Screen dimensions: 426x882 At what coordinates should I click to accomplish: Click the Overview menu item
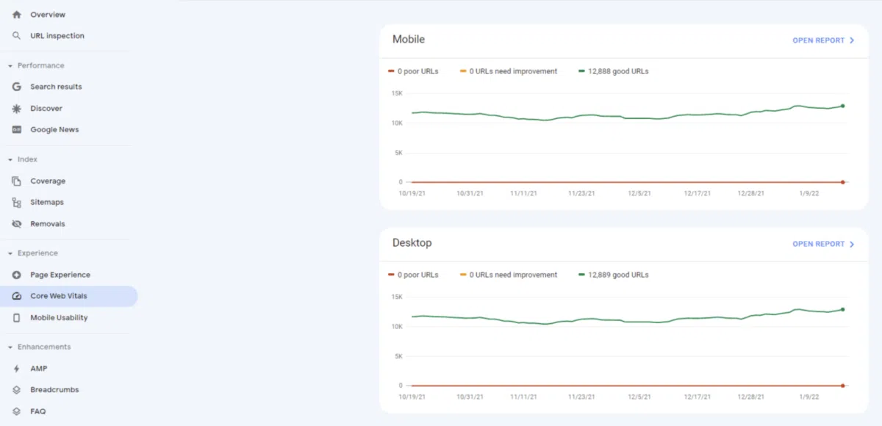pos(47,15)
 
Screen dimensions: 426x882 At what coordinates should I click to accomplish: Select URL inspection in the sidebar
pos(57,36)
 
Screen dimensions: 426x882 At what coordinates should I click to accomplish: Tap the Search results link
pos(56,87)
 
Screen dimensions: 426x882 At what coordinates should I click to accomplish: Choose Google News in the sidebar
pos(54,130)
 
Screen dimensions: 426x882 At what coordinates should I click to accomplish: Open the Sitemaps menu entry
pos(46,202)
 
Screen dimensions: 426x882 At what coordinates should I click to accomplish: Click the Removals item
pos(47,224)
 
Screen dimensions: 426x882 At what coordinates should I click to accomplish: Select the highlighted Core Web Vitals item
pos(59,296)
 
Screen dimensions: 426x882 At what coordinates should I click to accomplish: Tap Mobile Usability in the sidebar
pos(59,318)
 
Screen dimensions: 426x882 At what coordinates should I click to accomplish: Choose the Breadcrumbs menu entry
pos(54,390)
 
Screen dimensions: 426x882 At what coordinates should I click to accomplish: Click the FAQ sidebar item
pos(37,411)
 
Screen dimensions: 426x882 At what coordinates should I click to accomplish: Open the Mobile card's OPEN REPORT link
pos(822,40)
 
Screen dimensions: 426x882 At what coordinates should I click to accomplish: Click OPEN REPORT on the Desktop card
pos(822,244)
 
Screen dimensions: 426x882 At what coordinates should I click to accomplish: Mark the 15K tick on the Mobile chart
pos(396,93)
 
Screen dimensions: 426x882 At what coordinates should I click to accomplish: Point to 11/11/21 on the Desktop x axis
pos(523,397)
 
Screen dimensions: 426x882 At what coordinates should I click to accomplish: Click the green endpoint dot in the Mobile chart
pos(842,106)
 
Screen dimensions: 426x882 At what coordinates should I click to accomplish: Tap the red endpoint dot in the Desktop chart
pos(842,385)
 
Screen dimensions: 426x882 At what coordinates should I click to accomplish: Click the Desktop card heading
pos(412,243)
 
